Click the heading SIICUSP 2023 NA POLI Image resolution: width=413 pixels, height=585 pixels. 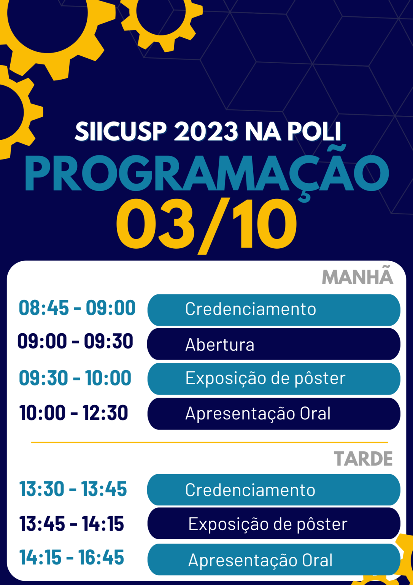click(x=208, y=131)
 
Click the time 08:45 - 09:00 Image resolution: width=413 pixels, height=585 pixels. click(x=77, y=308)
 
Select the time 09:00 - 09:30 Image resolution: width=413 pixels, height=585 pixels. click(x=75, y=341)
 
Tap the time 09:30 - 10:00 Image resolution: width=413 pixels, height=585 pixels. click(x=75, y=378)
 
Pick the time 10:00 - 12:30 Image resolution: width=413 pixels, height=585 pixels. click(x=73, y=412)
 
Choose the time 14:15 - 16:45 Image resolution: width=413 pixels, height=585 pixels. click(x=72, y=557)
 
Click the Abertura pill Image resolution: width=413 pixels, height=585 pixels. click(x=274, y=344)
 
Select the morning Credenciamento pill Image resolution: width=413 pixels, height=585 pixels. click(x=274, y=310)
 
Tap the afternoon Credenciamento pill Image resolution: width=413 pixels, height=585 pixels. click(x=274, y=490)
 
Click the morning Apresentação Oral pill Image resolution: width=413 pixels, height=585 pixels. click(x=274, y=414)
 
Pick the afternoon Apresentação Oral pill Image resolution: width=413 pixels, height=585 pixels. click(x=274, y=559)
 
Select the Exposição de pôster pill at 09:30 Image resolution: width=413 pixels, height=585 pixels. click(x=274, y=379)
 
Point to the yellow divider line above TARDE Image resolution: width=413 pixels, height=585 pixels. click(x=210, y=443)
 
